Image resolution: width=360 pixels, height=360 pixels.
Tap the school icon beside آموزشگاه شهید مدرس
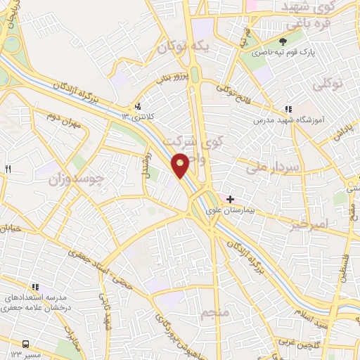coord(288,110)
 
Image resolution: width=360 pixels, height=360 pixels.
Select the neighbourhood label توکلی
coord(328,84)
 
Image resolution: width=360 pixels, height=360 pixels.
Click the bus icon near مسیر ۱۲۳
coord(26,344)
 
